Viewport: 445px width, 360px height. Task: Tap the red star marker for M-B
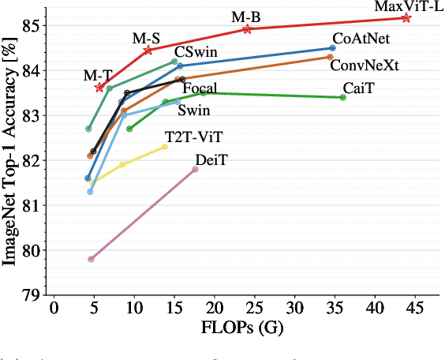point(247,28)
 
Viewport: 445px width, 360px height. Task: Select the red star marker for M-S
point(148,50)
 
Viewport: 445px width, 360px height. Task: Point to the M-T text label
point(97,75)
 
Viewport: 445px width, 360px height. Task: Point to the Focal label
point(200,88)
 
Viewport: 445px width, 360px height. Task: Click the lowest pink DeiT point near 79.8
point(91,259)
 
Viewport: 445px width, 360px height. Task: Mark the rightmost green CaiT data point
point(342,97)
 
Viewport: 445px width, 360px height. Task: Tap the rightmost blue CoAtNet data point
point(332,48)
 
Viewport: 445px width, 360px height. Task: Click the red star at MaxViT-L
point(406,17)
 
